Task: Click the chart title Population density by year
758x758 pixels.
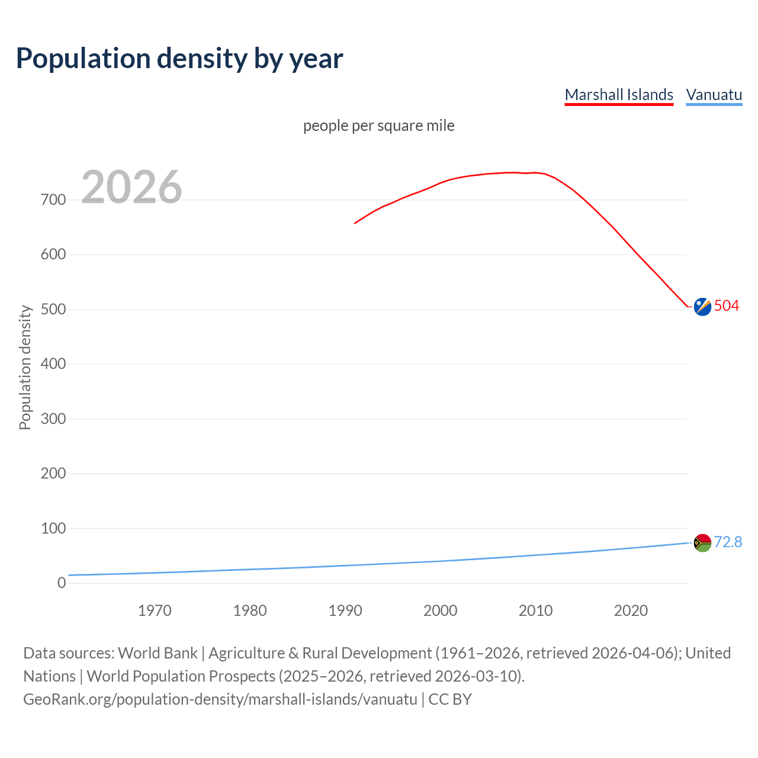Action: (x=179, y=59)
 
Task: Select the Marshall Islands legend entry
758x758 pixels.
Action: (x=619, y=95)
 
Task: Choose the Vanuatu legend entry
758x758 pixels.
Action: (x=714, y=95)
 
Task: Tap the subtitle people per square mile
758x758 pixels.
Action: (x=378, y=126)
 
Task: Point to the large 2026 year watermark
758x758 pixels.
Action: (x=131, y=187)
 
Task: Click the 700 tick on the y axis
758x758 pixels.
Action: (x=53, y=200)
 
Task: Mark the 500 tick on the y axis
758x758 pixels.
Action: (x=53, y=309)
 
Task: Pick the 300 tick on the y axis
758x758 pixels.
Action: (x=53, y=419)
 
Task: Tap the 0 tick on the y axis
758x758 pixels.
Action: (x=62, y=583)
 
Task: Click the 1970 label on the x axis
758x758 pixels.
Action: (x=155, y=611)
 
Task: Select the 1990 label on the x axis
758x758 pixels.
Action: (x=345, y=611)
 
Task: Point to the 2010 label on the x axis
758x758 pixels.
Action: (x=535, y=611)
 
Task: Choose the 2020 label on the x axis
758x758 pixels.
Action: (x=631, y=611)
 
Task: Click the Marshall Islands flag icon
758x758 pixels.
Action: (x=702, y=307)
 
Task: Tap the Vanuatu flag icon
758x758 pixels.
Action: (x=702, y=542)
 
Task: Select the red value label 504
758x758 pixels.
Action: (x=727, y=306)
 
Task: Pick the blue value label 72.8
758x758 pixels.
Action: (x=728, y=542)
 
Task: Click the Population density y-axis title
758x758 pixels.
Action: (x=25, y=367)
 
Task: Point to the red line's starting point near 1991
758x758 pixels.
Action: (x=355, y=223)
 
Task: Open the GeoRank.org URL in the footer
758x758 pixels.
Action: (x=220, y=699)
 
